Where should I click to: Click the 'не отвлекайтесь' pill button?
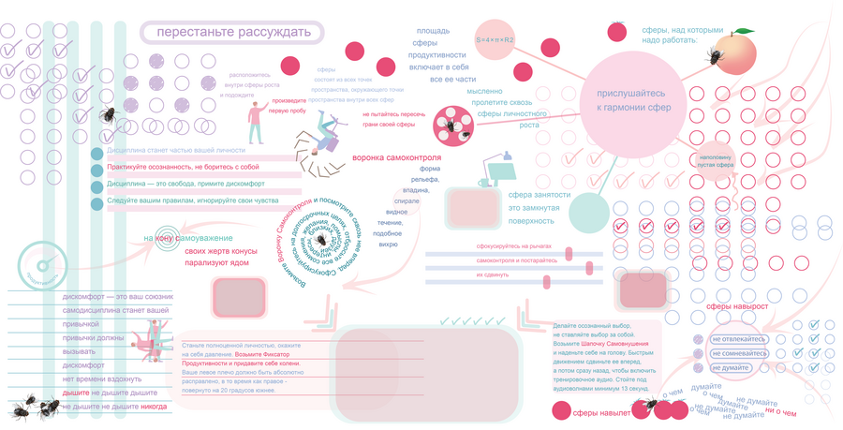(x=740, y=339)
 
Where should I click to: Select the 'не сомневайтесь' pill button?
(x=740, y=353)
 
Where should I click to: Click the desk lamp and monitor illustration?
(x=512, y=169)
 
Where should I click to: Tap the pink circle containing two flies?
(x=454, y=126)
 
